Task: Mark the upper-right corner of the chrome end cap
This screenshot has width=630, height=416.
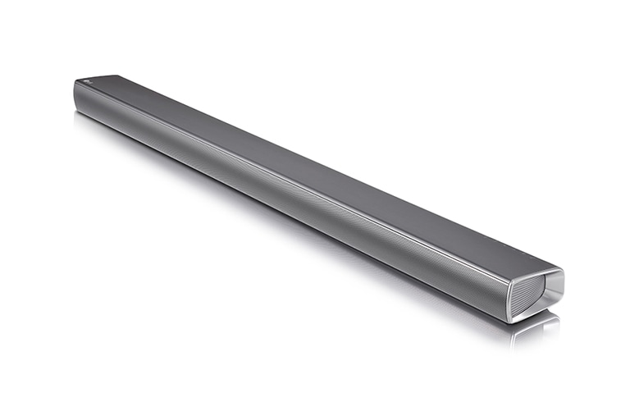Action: click(x=563, y=270)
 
